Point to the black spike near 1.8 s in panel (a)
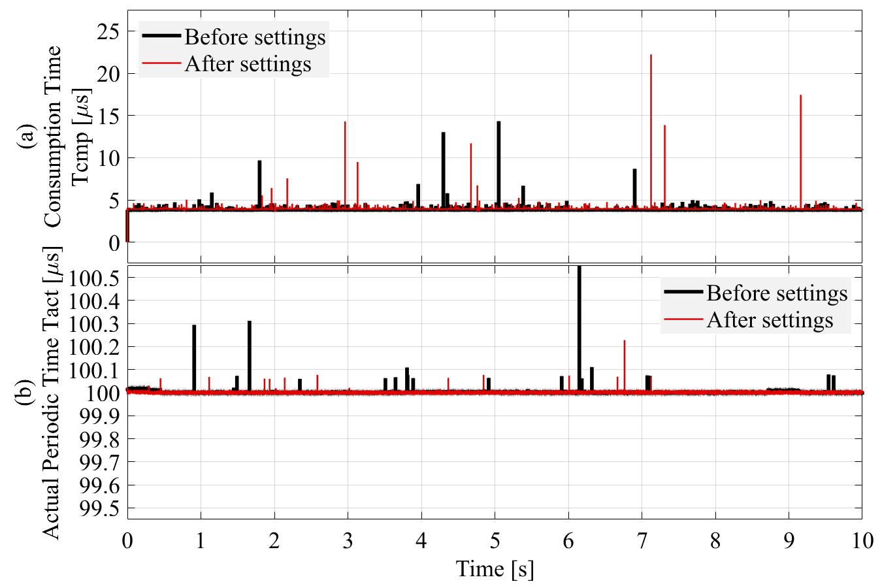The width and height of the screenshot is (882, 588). [x=259, y=183]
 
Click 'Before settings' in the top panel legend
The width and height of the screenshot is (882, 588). [x=255, y=37]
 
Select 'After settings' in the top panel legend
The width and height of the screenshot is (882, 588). [x=248, y=64]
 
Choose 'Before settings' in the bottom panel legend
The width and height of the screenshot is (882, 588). [x=777, y=293]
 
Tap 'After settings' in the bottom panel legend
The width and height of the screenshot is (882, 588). [x=770, y=320]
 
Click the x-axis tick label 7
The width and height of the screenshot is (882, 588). [x=642, y=540]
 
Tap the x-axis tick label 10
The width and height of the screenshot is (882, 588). [x=861, y=540]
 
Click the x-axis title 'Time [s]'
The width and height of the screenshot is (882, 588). [x=495, y=568]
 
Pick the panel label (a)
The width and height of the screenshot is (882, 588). [x=27, y=139]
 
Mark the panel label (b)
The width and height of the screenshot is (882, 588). [x=27, y=392]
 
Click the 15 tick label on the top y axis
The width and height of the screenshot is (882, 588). [x=106, y=116]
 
